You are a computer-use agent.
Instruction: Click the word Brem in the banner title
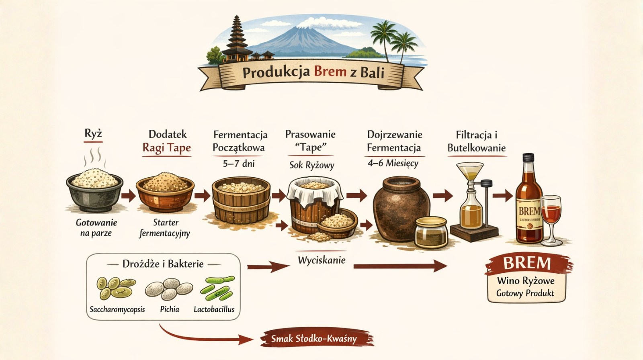330,72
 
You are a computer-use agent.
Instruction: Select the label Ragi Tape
166,148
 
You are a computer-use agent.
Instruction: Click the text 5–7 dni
239,164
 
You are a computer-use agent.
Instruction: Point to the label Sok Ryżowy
311,165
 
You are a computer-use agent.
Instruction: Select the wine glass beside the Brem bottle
551,219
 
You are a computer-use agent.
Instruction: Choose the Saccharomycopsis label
117,309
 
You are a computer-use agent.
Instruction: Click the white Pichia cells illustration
169,288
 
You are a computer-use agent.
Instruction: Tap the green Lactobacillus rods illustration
217,288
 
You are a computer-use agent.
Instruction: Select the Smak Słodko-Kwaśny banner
314,338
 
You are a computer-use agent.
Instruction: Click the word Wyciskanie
321,260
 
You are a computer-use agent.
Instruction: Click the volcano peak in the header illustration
305,30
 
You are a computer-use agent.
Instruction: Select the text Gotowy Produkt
525,293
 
